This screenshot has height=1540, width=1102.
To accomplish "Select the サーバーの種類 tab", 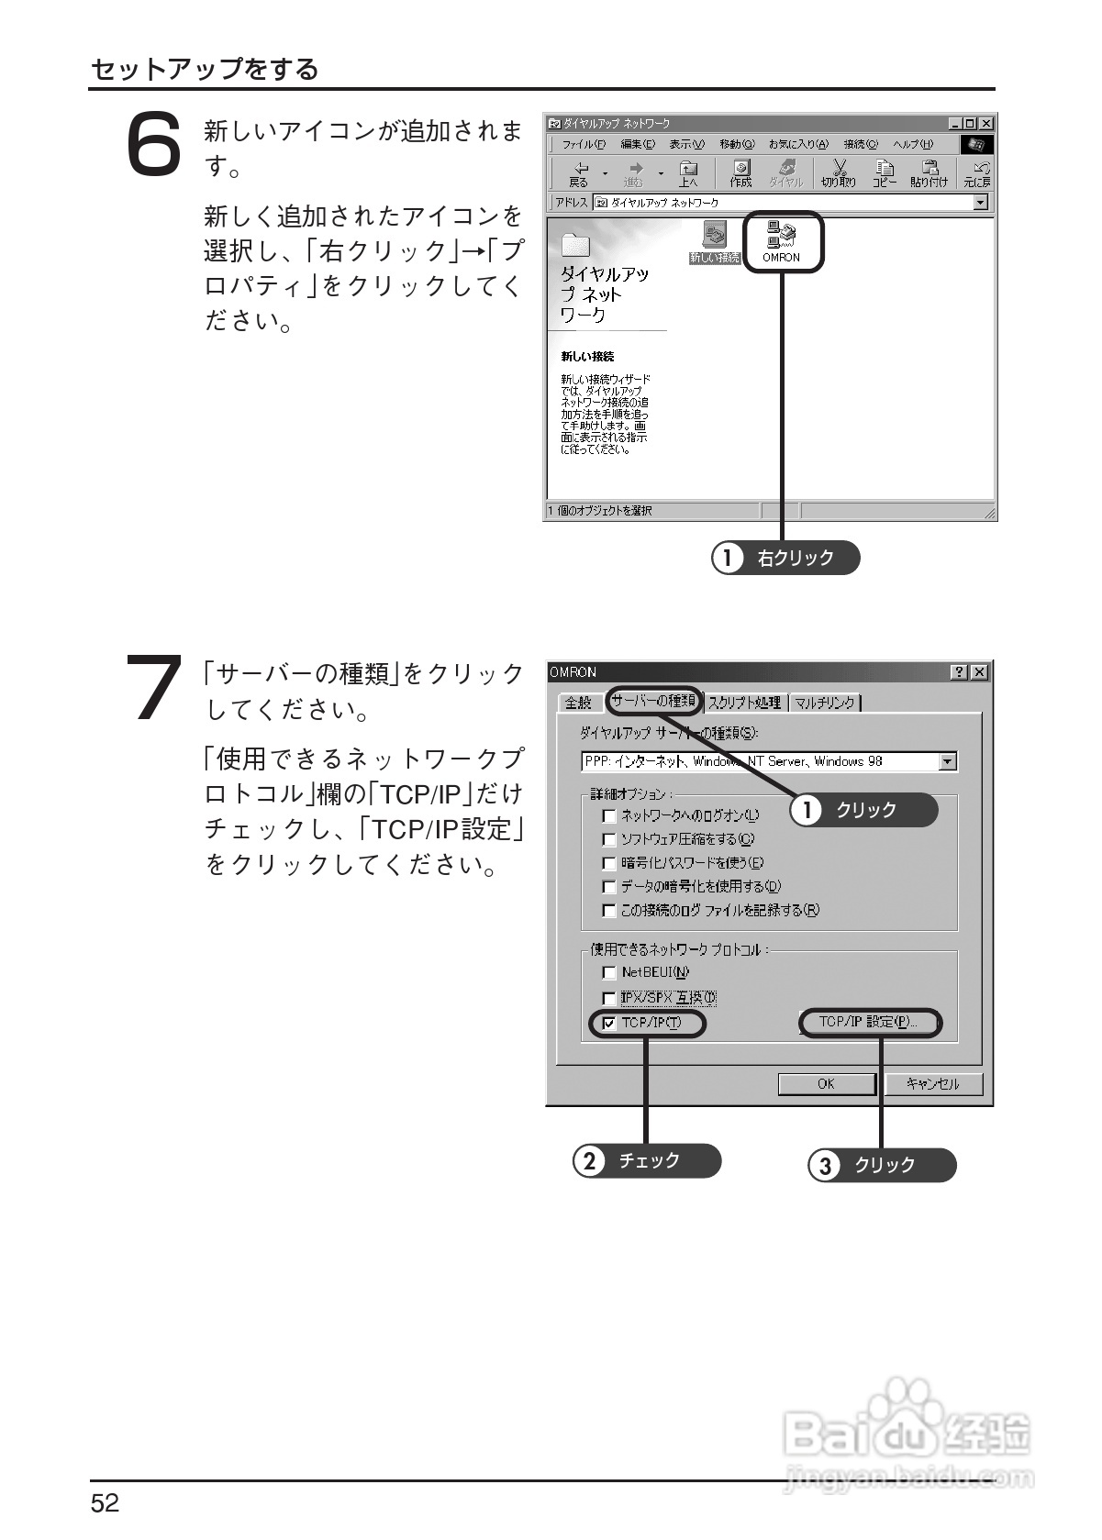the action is (654, 702).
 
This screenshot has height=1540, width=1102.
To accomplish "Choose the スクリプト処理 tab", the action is (744, 703).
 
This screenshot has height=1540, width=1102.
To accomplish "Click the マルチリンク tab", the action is (824, 703).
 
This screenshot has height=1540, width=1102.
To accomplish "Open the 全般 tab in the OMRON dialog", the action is (578, 703).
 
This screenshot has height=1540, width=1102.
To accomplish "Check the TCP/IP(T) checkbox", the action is (609, 1024).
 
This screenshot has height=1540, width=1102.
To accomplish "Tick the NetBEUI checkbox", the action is (609, 973).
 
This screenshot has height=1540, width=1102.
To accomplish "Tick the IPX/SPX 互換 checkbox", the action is (609, 998).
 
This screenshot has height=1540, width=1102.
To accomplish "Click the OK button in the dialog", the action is (826, 1084).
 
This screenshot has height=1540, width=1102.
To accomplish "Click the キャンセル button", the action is (932, 1084).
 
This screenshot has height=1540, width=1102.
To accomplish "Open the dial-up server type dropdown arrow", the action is (949, 761).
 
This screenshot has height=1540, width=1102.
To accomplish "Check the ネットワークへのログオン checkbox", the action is (609, 815).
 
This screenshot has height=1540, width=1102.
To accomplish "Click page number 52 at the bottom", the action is (105, 1503).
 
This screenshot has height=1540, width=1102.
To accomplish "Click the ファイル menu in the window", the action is (584, 145).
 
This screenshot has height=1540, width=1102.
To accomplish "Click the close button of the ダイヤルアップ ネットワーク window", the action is (985, 124).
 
